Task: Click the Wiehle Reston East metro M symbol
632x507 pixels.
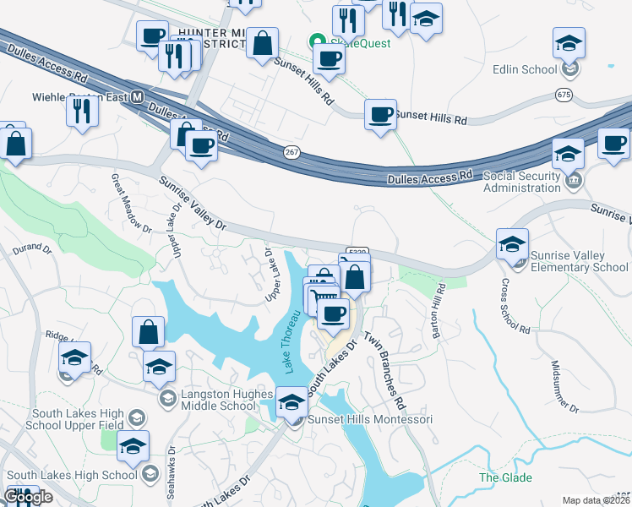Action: (x=136, y=97)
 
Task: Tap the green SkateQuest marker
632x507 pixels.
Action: (x=317, y=40)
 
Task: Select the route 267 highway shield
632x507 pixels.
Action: (x=289, y=150)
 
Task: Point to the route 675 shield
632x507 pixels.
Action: (x=564, y=95)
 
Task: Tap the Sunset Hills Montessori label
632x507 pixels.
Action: (x=370, y=419)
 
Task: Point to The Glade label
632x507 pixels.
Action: (x=506, y=477)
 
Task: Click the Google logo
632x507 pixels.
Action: (x=29, y=497)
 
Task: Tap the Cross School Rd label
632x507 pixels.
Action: (x=514, y=306)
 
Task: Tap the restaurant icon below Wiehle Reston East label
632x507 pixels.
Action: (x=82, y=112)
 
